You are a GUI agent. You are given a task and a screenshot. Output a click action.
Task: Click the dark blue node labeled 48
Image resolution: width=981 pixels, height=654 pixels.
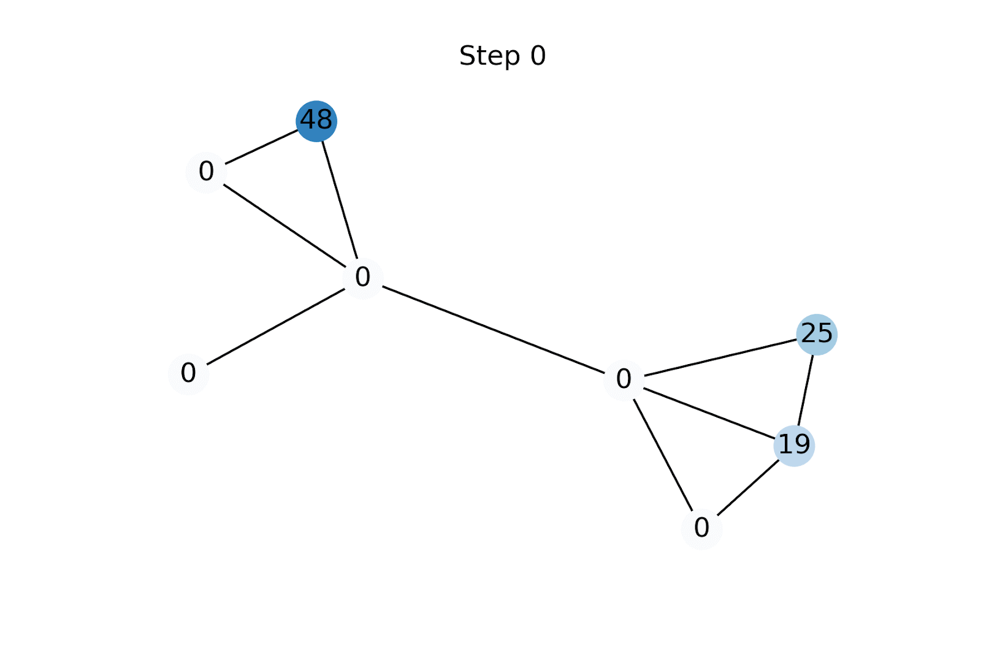(316, 121)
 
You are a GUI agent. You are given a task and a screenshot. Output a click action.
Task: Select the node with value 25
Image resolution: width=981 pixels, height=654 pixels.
(817, 334)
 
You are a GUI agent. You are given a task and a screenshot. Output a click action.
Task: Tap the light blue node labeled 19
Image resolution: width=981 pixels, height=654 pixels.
(794, 445)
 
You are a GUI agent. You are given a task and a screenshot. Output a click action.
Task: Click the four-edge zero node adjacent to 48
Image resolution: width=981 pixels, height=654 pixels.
(363, 278)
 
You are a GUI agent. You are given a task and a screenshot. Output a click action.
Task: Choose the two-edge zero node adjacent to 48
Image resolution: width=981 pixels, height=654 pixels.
(207, 172)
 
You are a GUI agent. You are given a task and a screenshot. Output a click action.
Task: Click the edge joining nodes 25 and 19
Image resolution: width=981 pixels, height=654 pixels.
(806, 390)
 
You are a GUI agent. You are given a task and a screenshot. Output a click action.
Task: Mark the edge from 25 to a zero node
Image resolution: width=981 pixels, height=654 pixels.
(720, 357)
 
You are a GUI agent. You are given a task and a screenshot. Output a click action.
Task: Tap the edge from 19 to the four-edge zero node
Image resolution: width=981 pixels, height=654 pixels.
(709, 413)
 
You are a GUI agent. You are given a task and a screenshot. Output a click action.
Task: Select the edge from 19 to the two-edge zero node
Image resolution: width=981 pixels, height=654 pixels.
(748, 487)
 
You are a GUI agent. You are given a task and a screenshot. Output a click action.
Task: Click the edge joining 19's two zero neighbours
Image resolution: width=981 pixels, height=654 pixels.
(663, 454)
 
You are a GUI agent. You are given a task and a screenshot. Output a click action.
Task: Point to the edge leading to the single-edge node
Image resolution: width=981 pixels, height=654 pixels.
(276, 325)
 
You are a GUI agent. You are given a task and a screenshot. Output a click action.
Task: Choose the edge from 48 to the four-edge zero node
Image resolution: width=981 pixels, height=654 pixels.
(340, 199)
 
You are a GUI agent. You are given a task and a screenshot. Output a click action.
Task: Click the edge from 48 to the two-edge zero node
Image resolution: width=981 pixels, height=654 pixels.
(262, 146)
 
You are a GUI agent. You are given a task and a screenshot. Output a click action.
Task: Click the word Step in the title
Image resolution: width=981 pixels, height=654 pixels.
(489, 56)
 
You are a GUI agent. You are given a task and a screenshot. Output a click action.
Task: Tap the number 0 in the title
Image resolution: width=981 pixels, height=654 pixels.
(538, 56)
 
